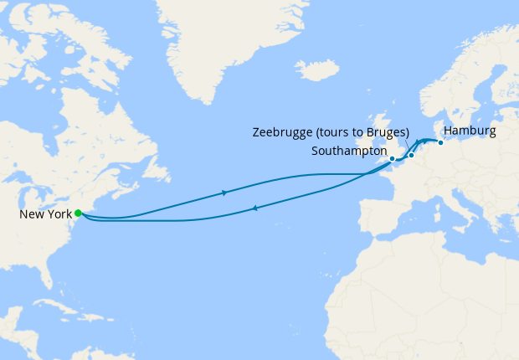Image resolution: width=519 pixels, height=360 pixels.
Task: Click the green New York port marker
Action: [x=78, y=213]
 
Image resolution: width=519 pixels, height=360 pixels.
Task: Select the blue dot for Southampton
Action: [x=392, y=158]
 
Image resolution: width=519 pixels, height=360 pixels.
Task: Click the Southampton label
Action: [x=348, y=152]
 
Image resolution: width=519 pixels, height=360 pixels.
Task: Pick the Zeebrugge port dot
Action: [x=411, y=156]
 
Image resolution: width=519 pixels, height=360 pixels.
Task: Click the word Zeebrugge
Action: [x=283, y=132]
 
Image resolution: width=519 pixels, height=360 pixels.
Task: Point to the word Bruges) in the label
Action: [x=388, y=132]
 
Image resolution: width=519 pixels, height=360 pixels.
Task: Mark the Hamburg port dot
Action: [x=440, y=142]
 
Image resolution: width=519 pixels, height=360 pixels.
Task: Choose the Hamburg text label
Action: [x=470, y=131]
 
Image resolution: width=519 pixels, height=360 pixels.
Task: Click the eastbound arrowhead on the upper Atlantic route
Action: [x=224, y=193]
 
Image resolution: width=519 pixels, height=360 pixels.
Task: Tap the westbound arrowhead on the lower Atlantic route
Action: [x=254, y=208]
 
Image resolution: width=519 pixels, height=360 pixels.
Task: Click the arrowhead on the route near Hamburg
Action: [x=418, y=141]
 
